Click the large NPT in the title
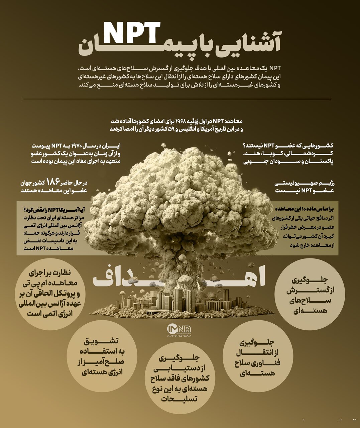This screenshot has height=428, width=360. pyautogui.click(x=131, y=32)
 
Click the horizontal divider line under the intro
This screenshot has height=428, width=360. pyautogui.click(x=177, y=99)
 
